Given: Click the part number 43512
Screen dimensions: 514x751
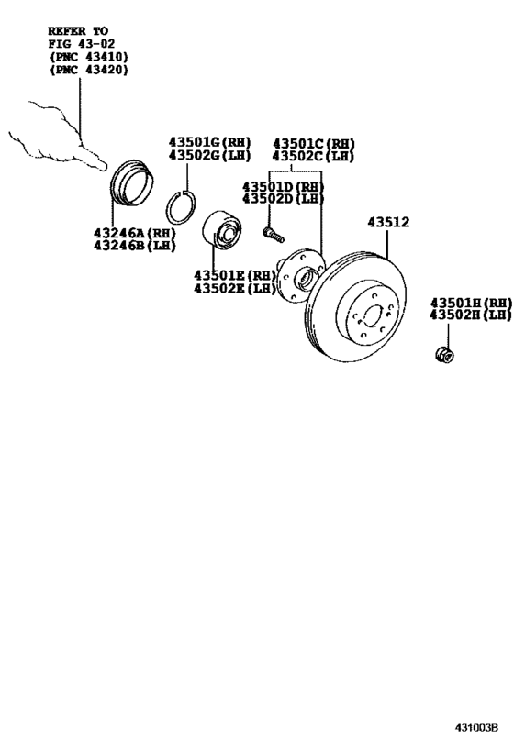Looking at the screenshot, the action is [388, 222].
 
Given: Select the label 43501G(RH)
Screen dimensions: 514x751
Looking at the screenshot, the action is [209, 142].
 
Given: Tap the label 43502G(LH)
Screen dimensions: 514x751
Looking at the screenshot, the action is [209, 155].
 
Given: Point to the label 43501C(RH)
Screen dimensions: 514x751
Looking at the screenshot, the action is [314, 144].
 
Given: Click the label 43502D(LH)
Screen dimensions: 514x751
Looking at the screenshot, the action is [283, 198].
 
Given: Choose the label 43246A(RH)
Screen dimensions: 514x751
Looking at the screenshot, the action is [135, 233].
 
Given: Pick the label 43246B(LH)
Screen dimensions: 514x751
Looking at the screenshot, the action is [135, 246].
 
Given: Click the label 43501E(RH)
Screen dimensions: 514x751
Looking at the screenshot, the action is [235, 275].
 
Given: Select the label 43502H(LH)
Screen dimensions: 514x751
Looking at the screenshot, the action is [471, 315].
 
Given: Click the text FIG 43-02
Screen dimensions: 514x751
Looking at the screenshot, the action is [82, 44].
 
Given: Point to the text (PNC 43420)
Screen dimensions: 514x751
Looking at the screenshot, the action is [89, 70].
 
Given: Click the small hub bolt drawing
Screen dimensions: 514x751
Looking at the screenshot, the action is [274, 235].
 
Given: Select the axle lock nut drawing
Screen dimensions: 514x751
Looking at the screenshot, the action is [444, 355].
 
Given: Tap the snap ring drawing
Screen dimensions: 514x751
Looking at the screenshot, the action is [181, 207].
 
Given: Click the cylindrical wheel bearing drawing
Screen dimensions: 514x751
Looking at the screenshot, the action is [221, 230].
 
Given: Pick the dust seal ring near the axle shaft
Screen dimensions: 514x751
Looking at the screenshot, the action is [131, 184].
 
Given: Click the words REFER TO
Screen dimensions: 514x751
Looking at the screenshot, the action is [78, 31].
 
